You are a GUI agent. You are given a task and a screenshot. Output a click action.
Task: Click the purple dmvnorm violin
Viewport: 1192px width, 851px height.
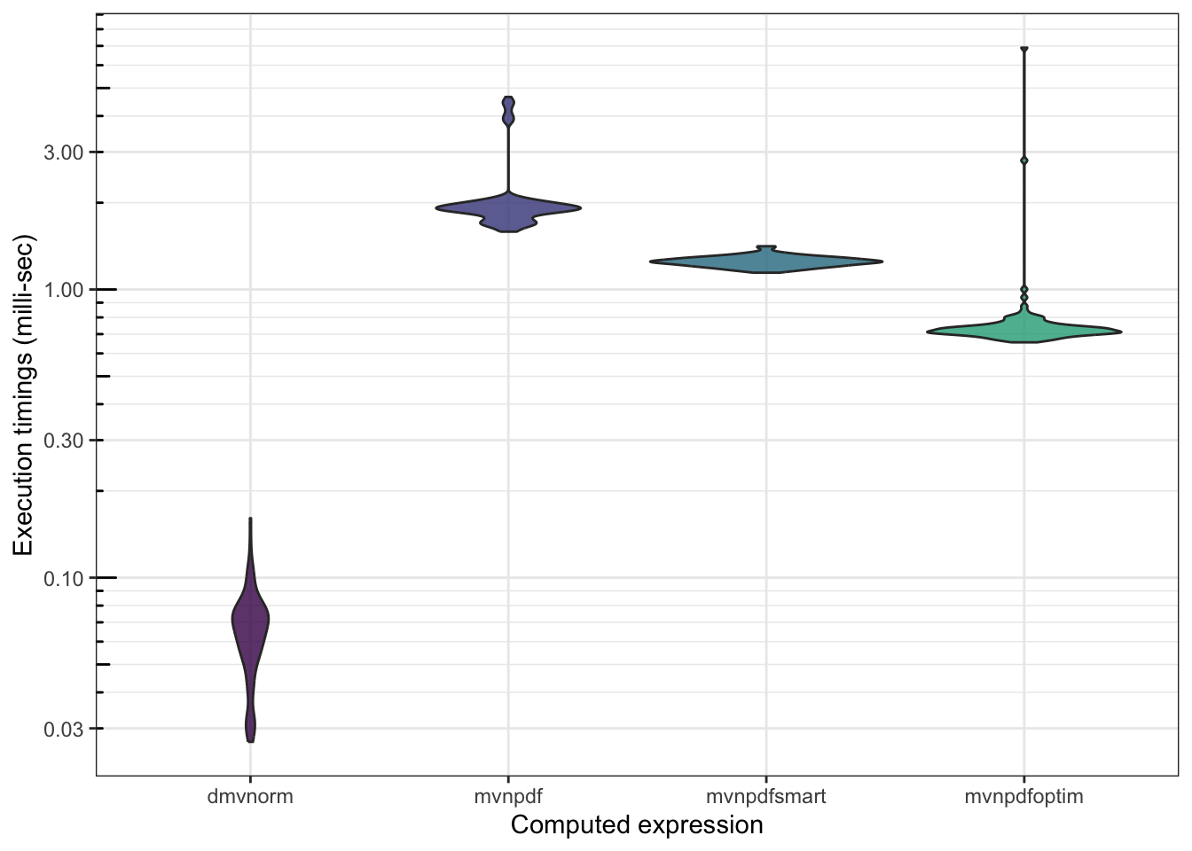[250, 621]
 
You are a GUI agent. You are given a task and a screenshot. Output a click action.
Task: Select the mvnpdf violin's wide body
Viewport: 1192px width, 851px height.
[508, 210]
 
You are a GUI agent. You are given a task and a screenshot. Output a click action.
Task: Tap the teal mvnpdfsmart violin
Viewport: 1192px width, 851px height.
[766, 262]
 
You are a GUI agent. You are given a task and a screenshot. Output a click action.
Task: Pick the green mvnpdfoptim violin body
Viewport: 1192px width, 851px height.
[1024, 332]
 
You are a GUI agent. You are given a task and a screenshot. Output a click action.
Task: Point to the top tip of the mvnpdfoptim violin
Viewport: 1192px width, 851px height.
[1024, 50]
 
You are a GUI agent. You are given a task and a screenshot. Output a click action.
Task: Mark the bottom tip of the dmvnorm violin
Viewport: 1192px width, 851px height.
[250, 740]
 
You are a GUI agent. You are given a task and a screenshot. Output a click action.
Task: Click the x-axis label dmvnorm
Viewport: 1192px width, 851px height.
[250, 796]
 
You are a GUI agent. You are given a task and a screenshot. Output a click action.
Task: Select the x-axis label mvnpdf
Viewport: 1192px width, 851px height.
[508, 796]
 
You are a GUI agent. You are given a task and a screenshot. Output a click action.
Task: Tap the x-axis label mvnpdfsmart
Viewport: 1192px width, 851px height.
[766, 796]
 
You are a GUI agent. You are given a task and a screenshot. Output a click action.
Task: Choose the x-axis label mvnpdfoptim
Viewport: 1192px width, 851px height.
[1024, 796]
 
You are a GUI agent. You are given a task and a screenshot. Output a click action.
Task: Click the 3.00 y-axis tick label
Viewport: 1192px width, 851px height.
[64, 152]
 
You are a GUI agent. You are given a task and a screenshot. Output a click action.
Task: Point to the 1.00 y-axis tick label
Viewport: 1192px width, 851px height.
[64, 290]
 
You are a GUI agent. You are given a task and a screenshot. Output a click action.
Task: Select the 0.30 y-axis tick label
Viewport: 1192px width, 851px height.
[64, 441]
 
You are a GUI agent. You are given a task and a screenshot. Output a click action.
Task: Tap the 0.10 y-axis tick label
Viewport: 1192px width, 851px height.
[64, 578]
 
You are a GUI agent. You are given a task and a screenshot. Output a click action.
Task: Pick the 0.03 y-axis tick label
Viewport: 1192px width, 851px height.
[64, 729]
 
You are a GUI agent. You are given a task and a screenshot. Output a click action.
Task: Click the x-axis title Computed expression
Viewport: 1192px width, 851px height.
[637, 825]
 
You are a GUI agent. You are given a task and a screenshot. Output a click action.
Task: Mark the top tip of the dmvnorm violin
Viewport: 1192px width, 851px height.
[250, 519]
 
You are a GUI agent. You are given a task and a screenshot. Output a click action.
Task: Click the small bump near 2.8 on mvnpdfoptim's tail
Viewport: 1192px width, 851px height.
[1024, 160]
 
